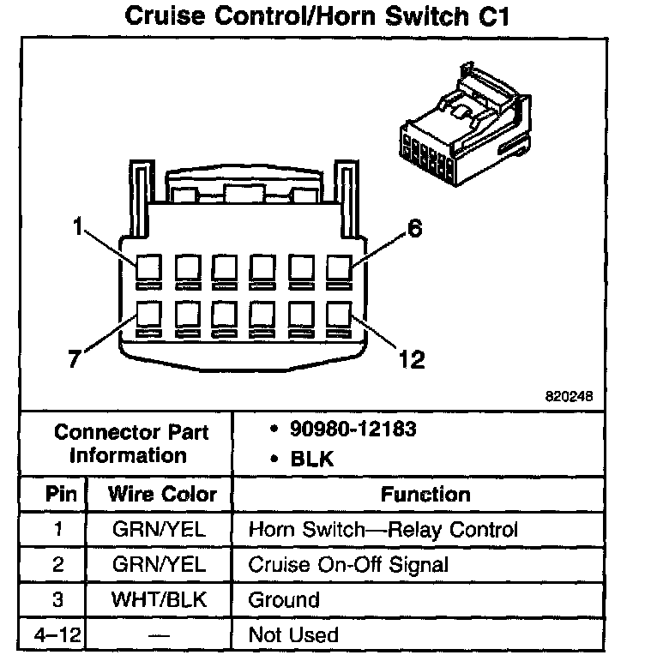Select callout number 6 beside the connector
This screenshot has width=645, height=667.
(x=413, y=230)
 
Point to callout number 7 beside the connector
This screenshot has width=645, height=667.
(x=75, y=359)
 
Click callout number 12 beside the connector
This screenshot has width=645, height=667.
(x=411, y=359)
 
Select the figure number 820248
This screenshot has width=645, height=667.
(x=569, y=398)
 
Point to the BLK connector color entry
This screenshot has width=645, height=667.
(x=312, y=459)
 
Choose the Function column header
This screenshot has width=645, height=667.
(x=425, y=495)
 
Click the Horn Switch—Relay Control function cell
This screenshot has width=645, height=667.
(x=383, y=529)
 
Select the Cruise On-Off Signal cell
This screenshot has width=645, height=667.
(x=347, y=564)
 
